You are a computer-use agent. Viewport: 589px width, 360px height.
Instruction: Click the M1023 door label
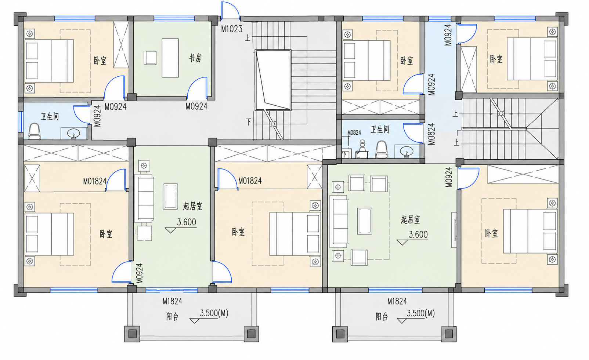(x=231, y=29)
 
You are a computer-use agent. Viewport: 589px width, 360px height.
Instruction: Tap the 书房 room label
(x=195, y=58)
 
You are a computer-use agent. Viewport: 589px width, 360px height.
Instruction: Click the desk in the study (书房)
(x=170, y=58)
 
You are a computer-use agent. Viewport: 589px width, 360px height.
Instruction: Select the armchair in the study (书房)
(x=150, y=58)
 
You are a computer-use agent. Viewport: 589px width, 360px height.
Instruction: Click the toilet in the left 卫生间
(x=35, y=131)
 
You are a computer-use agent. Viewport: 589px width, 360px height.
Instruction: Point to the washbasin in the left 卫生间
(x=73, y=133)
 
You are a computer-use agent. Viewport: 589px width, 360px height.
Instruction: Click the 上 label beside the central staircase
(x=247, y=38)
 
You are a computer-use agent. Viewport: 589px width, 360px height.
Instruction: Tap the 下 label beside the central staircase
(x=249, y=122)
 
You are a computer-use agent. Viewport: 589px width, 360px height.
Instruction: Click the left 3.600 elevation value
(x=187, y=222)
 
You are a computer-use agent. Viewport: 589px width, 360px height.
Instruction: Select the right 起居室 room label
(x=410, y=220)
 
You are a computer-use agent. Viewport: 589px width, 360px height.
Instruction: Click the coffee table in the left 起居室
(x=170, y=197)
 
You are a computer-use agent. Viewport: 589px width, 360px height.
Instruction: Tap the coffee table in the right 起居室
(x=364, y=221)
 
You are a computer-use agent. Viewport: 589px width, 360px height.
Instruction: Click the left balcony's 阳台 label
(x=172, y=317)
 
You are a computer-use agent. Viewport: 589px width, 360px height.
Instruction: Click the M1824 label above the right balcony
(x=397, y=301)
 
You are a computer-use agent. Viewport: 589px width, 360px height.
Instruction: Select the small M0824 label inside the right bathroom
(x=354, y=133)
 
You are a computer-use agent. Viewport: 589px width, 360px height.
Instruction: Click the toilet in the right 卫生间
(x=382, y=149)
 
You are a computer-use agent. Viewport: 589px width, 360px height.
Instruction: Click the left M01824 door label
(x=95, y=181)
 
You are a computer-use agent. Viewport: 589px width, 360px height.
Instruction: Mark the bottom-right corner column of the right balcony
(x=449, y=334)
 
